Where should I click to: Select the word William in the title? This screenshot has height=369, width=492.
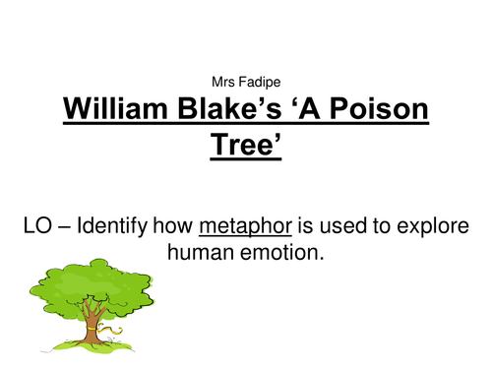[125, 108]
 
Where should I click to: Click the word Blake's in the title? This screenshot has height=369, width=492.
[243, 108]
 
